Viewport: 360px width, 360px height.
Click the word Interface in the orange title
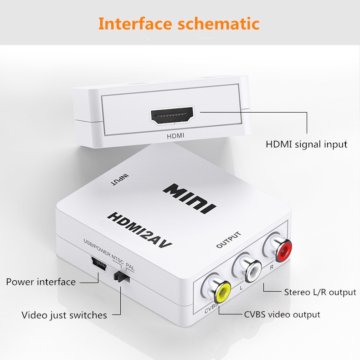tap(135, 23)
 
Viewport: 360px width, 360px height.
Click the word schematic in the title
tap(219, 23)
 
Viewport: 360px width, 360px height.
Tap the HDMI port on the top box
tap(172, 115)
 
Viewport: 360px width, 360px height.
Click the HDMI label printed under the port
tap(175, 136)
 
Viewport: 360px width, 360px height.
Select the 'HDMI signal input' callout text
tap(306, 144)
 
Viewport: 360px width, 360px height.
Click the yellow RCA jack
tap(222, 293)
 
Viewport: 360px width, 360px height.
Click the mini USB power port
tap(99, 264)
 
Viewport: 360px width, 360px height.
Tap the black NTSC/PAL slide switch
tap(122, 277)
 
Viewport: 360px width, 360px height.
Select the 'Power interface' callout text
tap(41, 282)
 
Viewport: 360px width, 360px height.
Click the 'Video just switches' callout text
tap(64, 315)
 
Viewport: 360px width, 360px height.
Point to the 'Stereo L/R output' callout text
tap(320, 292)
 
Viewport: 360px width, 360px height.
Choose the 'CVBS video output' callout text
tap(282, 314)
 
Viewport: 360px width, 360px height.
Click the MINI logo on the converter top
tap(190, 198)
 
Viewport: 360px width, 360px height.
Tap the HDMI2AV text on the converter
tap(139, 230)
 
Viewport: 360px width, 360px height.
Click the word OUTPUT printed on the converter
tap(229, 240)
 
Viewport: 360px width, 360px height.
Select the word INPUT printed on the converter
tap(119, 180)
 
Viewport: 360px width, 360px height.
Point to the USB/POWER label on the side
tap(97, 247)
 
